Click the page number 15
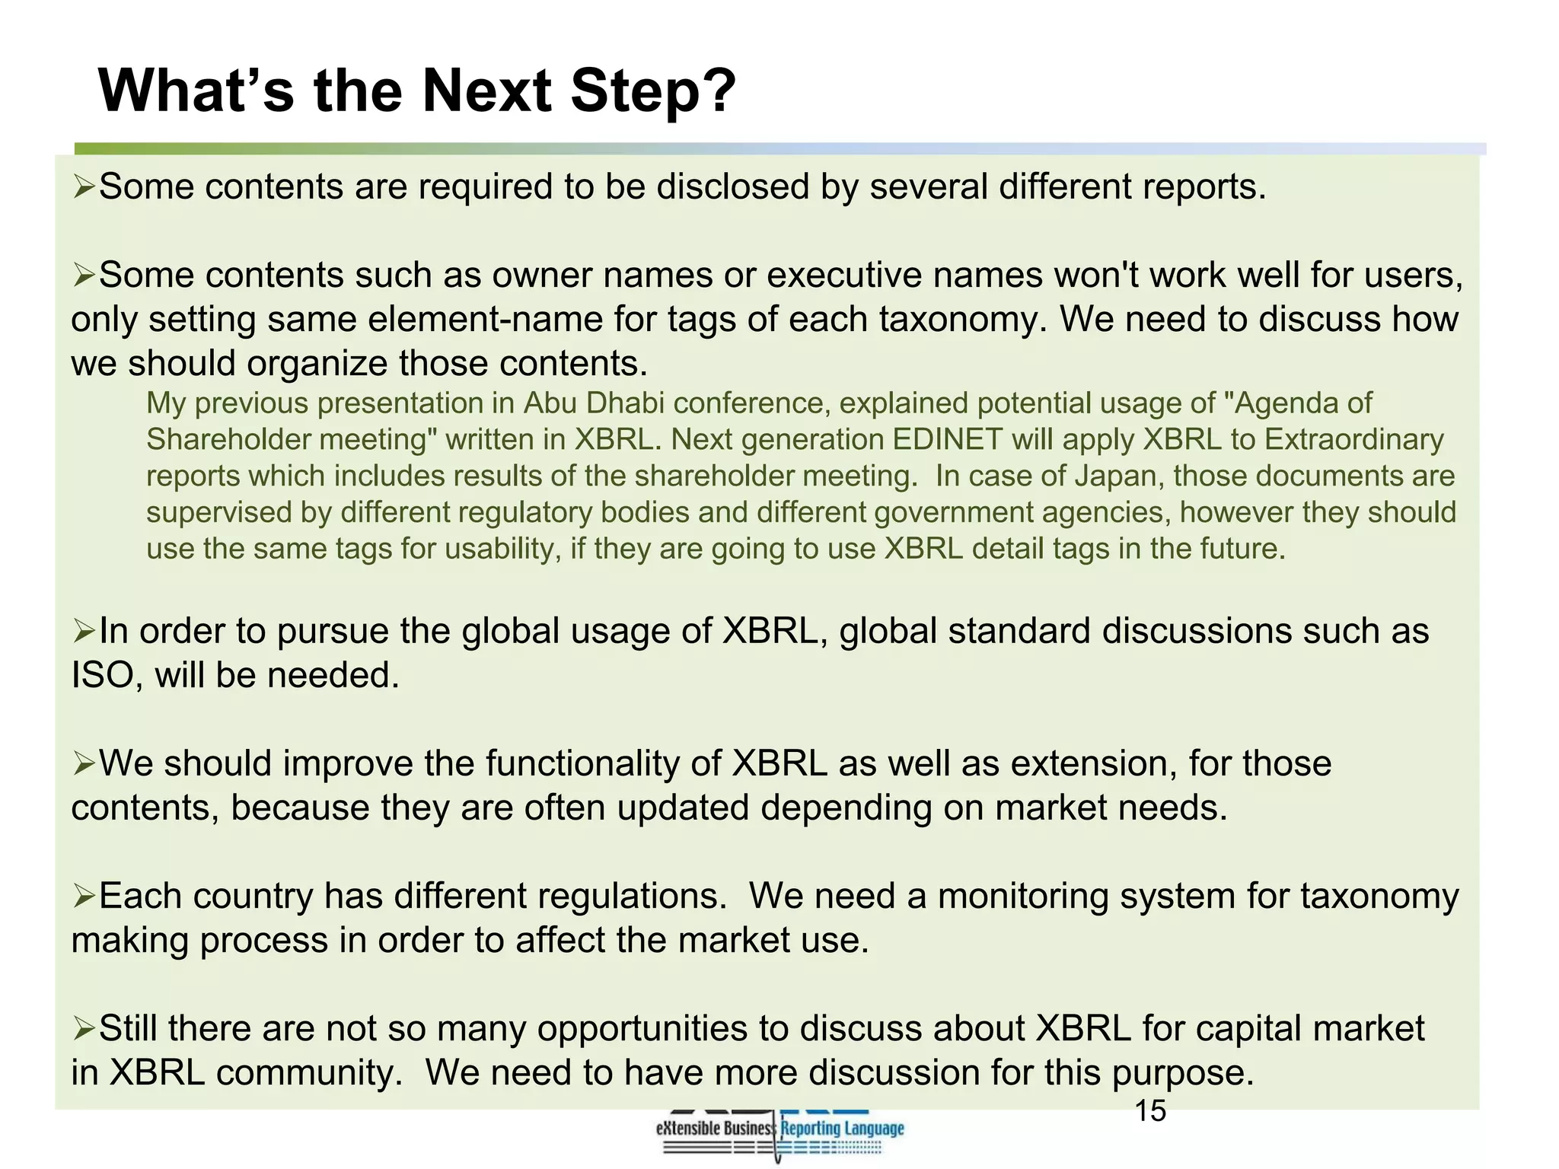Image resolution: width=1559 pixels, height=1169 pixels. coord(1150,1112)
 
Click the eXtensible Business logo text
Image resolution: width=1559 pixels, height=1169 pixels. coord(714,1129)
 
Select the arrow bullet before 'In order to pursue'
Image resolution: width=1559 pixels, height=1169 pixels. coord(84,631)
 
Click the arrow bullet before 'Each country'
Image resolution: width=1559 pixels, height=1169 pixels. coord(84,896)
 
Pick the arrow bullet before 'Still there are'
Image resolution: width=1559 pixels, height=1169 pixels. coord(84,1028)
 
